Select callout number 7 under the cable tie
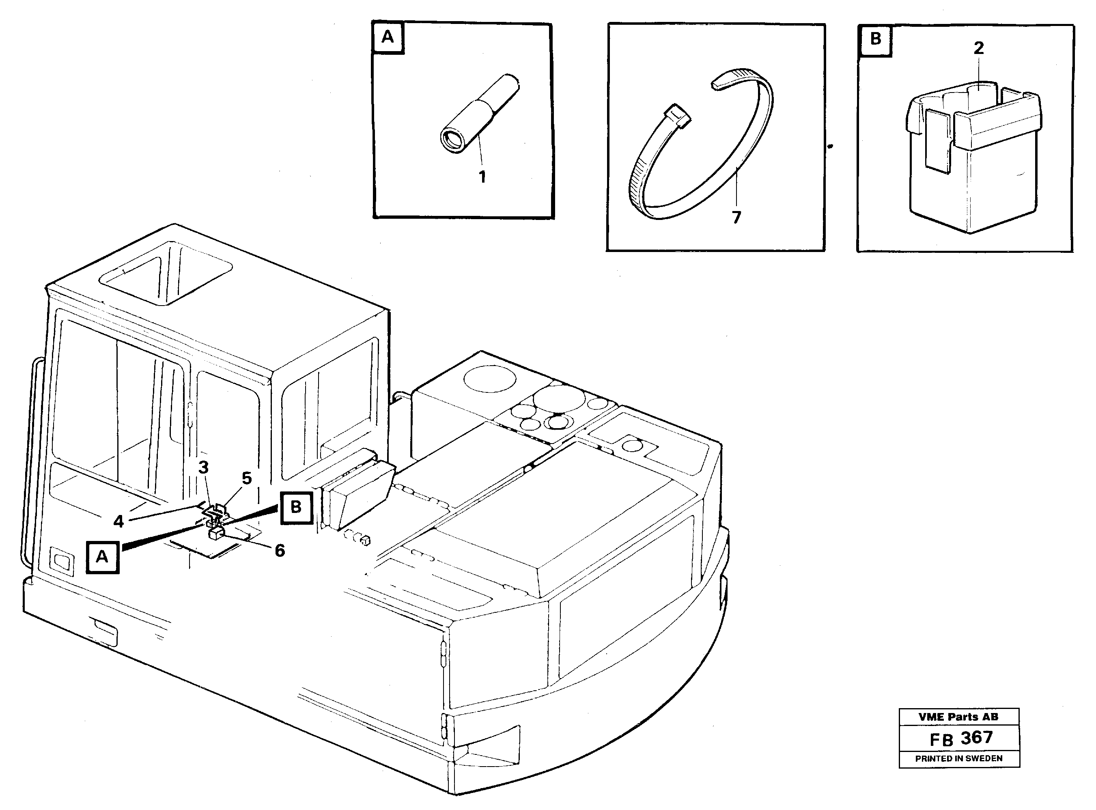[736, 217]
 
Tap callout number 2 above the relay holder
[978, 48]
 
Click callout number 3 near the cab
[203, 467]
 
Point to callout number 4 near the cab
[118, 521]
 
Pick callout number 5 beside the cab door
[247, 478]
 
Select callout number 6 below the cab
[280, 551]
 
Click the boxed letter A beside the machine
[102, 557]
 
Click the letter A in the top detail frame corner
[387, 37]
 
